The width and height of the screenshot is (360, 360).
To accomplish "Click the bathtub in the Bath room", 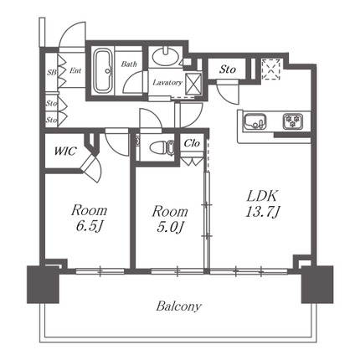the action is pyautogui.click(x=103, y=71).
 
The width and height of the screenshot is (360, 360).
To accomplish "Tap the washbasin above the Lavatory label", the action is pyautogui.click(x=165, y=56).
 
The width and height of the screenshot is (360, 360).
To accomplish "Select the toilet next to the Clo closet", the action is pyautogui.click(x=162, y=147).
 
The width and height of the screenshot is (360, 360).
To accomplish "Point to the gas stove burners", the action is pyautogui.click(x=293, y=121).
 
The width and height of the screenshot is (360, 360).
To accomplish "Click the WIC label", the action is pyautogui.click(x=65, y=151).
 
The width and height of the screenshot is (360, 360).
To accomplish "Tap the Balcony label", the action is pyautogui.click(x=178, y=306).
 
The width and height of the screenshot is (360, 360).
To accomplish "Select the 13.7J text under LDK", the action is pyautogui.click(x=263, y=212).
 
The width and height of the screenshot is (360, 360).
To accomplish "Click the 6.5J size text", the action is pyautogui.click(x=90, y=227).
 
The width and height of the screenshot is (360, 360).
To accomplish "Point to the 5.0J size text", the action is pyautogui.click(x=169, y=227).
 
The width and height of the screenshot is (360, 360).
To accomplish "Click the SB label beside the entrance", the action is pyautogui.click(x=52, y=73).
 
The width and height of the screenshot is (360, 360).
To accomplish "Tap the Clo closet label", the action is pyautogui.click(x=192, y=143).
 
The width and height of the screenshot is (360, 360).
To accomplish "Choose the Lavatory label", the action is pyautogui.click(x=167, y=83).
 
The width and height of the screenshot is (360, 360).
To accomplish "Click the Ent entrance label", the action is pyautogui.click(x=75, y=70).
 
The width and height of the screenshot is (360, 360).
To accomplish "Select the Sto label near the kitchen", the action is pyautogui.click(x=227, y=69).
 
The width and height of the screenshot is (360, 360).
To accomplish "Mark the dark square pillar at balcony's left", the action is pyautogui.click(x=43, y=285).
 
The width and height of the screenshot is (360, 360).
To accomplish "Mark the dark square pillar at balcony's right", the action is pyautogui.click(x=317, y=285).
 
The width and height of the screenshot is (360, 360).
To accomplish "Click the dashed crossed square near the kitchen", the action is pyautogui.click(x=271, y=69).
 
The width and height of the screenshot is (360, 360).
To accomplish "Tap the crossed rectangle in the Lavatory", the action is pyautogui.click(x=193, y=83).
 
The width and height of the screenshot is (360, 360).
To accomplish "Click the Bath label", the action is pyautogui.click(x=129, y=64).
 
